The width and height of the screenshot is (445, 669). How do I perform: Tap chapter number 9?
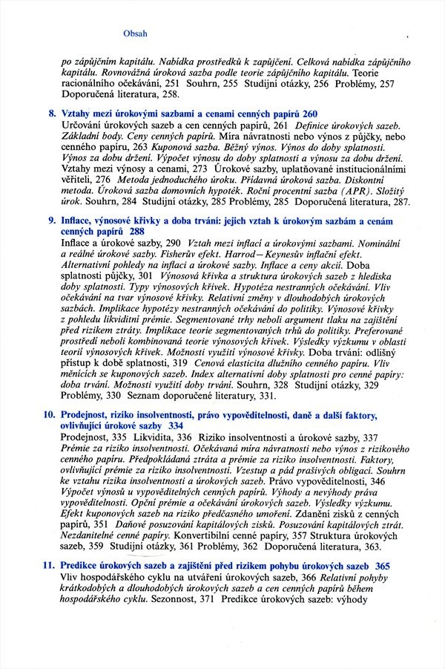(50, 221)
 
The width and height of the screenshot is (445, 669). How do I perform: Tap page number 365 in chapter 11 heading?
(393, 566)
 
